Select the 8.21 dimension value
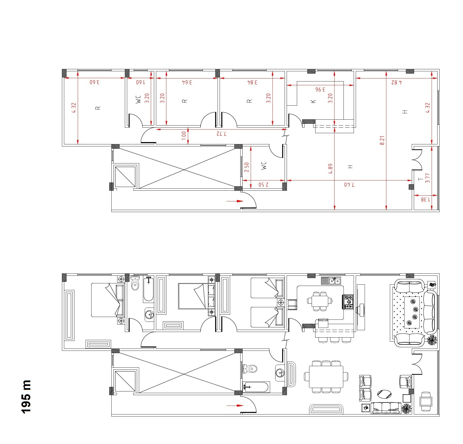click(x=382, y=141)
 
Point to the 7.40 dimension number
click(x=349, y=185)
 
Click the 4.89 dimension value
click(x=330, y=169)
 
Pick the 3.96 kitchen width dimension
click(x=320, y=89)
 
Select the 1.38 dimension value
click(x=425, y=200)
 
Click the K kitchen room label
click(x=313, y=101)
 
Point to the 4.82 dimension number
click(x=396, y=82)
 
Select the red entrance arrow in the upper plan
click(x=235, y=201)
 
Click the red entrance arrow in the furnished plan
click(x=235, y=406)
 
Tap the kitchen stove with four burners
click(x=349, y=302)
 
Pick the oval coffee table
click(x=384, y=394)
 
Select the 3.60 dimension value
click(x=95, y=82)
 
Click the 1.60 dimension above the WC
click(x=140, y=82)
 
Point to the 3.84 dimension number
click(x=252, y=82)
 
